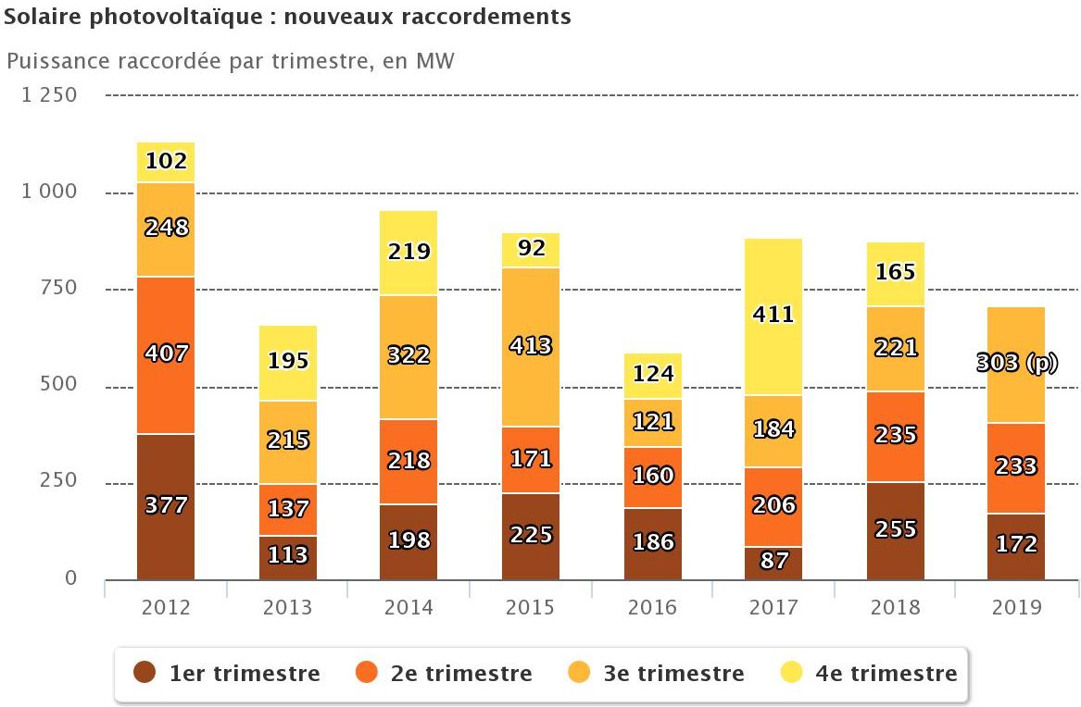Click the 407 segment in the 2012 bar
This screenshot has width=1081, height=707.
pos(166,354)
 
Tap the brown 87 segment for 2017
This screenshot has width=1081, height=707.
pos(773,563)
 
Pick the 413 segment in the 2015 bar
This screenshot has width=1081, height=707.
pos(531,346)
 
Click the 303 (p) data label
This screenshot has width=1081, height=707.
pos(1016,364)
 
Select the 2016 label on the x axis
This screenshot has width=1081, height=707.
pos(652,607)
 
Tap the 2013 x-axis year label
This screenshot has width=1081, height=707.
pos(288,607)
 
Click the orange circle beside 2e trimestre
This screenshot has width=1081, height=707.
pos(367,673)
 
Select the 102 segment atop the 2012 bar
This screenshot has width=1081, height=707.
pos(166,162)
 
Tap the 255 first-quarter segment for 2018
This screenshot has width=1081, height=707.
pos(896,530)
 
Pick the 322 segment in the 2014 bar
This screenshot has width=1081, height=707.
pos(409,357)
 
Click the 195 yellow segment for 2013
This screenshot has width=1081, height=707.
pos(288,362)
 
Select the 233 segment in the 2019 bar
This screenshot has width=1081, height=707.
pos(1016,467)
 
